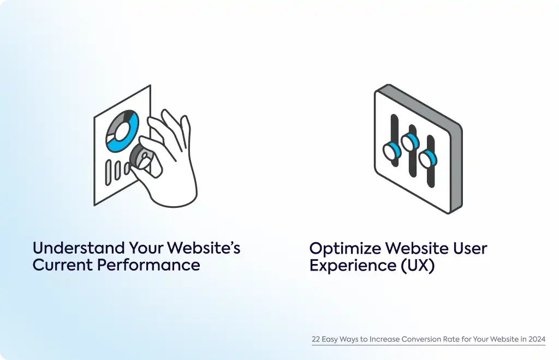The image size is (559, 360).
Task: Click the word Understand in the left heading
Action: click(x=79, y=248)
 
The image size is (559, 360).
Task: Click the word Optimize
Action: click(x=345, y=249)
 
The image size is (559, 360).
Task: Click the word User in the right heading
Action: click(x=470, y=249)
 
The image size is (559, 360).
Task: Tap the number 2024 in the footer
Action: click(x=537, y=339)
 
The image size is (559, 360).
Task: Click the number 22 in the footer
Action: click(x=316, y=339)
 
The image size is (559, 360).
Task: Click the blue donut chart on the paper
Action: click(x=122, y=131)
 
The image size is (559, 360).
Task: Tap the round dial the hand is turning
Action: click(x=141, y=157)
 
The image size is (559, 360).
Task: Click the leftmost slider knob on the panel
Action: click(x=392, y=151)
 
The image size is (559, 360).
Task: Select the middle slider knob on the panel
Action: click(x=410, y=142)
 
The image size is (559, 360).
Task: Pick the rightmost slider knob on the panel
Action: click(x=428, y=159)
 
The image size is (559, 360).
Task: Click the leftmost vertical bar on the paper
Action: click(x=108, y=173)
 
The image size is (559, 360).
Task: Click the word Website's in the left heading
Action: click(x=204, y=248)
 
